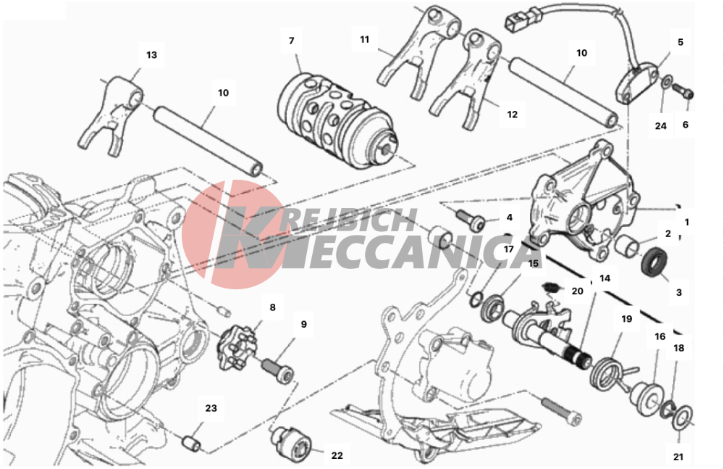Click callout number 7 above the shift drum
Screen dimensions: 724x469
pos(291,41)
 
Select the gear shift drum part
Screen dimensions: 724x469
pos(338,122)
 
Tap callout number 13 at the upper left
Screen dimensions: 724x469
pos(151,55)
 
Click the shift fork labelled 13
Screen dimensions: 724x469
pos(111,116)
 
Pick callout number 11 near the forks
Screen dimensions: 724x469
pos(365,40)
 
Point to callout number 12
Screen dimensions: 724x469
pos(512,115)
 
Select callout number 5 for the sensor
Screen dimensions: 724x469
pos(680,42)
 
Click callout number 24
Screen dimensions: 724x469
pos(661,126)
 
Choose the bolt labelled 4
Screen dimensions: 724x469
pos(470,220)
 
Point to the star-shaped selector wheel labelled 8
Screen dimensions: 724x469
pos(235,348)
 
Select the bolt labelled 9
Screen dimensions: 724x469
pos(278,368)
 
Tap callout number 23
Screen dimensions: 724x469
pos(211,408)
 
